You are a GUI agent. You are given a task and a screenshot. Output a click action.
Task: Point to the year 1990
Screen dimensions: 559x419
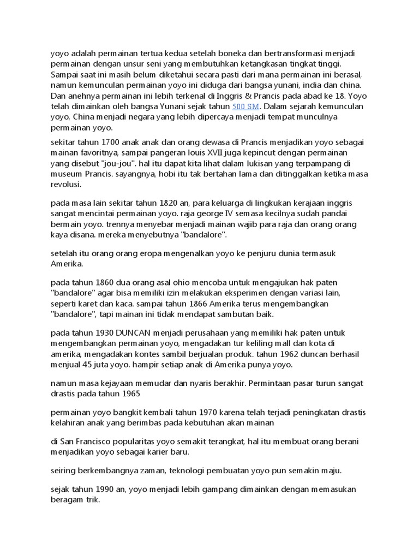pyautogui.click(x=107, y=489)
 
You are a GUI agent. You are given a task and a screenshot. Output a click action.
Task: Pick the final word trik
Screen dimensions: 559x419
pyautogui.click(x=92, y=499)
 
